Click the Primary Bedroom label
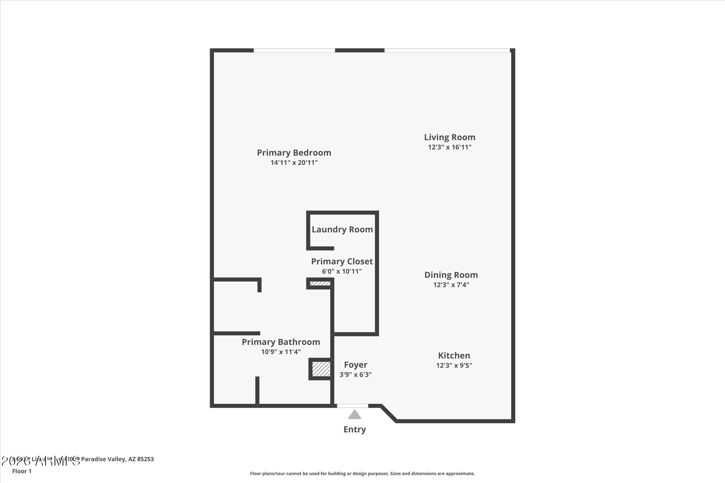click(x=294, y=153)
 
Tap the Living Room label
click(x=449, y=137)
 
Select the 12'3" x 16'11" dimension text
click(x=449, y=147)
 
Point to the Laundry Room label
click(x=342, y=229)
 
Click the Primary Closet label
click(x=342, y=261)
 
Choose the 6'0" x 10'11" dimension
click(x=342, y=271)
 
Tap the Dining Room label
click(x=451, y=275)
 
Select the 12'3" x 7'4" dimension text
click(x=451, y=285)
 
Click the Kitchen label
click(x=454, y=355)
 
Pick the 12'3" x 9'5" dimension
click(x=454, y=365)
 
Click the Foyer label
click(x=356, y=365)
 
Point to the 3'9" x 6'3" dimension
click(x=356, y=375)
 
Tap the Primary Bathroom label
click(x=281, y=342)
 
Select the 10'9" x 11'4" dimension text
click(x=281, y=352)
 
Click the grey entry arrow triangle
click(x=355, y=415)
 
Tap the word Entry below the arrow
click(x=355, y=429)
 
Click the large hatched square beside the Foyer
click(x=321, y=369)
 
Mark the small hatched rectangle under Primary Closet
click(x=320, y=283)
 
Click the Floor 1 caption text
click(x=22, y=471)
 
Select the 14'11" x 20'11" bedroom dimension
click(x=294, y=163)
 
